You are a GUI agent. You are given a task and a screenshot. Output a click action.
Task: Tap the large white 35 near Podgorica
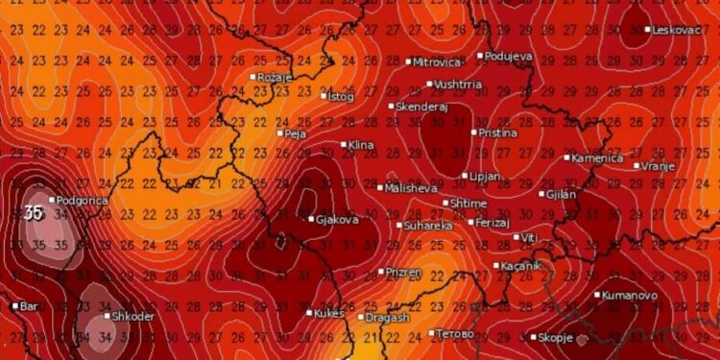(34, 213)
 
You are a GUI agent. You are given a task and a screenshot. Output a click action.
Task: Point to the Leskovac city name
(678, 30)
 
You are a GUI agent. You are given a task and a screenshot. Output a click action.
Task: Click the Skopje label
(556, 338)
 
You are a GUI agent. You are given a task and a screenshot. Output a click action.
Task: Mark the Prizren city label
(403, 272)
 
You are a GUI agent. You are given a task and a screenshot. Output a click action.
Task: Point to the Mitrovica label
(436, 62)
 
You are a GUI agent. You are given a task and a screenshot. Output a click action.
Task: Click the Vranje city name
(658, 166)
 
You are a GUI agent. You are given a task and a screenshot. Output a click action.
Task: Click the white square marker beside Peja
(278, 133)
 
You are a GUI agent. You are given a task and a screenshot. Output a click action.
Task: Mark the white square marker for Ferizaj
(469, 222)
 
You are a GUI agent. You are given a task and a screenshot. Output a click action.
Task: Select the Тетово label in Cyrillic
(455, 333)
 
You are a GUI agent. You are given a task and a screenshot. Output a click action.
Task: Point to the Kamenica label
(597, 157)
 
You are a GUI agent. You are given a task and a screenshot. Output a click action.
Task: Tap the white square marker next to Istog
(324, 95)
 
